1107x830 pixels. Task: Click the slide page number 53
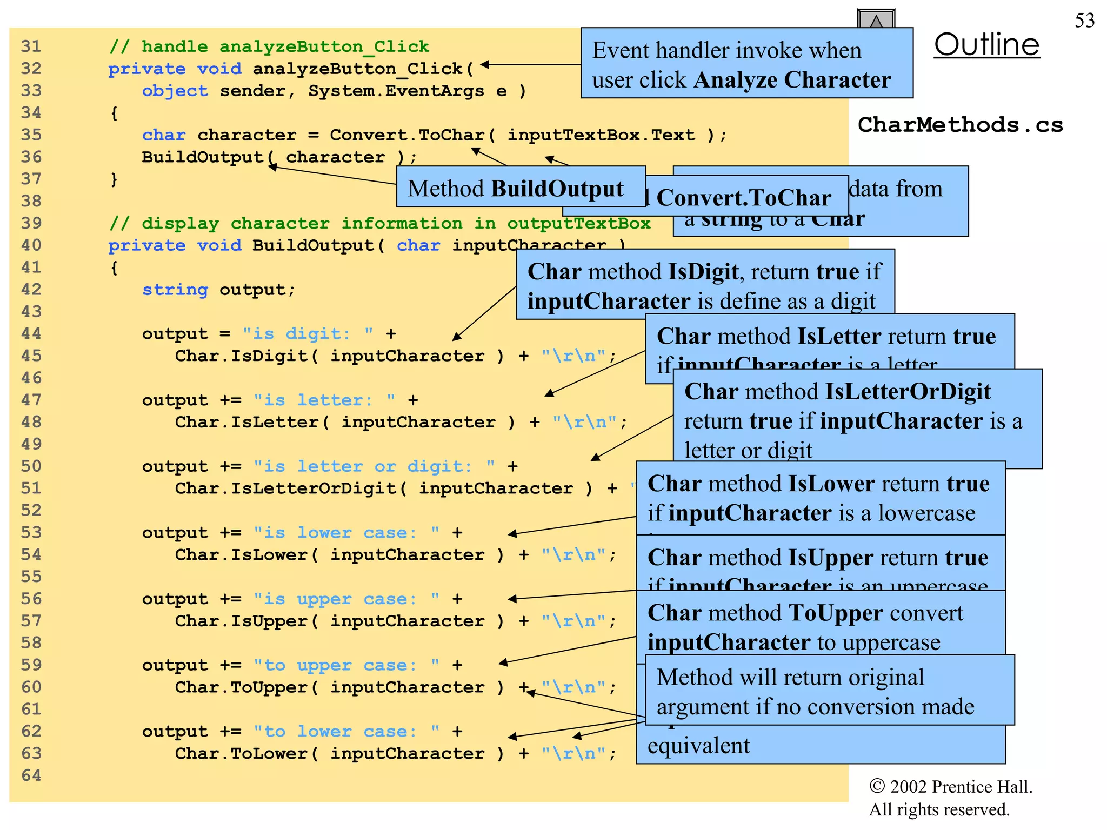(x=1084, y=21)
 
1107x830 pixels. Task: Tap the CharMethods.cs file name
(x=960, y=125)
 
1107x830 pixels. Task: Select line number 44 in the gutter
(x=31, y=333)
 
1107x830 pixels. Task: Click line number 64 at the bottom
(x=31, y=775)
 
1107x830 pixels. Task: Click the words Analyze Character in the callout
(x=792, y=80)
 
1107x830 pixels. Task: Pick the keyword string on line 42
(x=175, y=290)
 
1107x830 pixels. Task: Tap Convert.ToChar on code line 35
(x=406, y=135)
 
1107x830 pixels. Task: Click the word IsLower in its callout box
(x=824, y=484)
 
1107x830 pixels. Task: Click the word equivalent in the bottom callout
(x=698, y=746)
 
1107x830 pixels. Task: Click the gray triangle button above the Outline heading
(x=876, y=19)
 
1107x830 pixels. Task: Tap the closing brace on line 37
(x=114, y=179)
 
